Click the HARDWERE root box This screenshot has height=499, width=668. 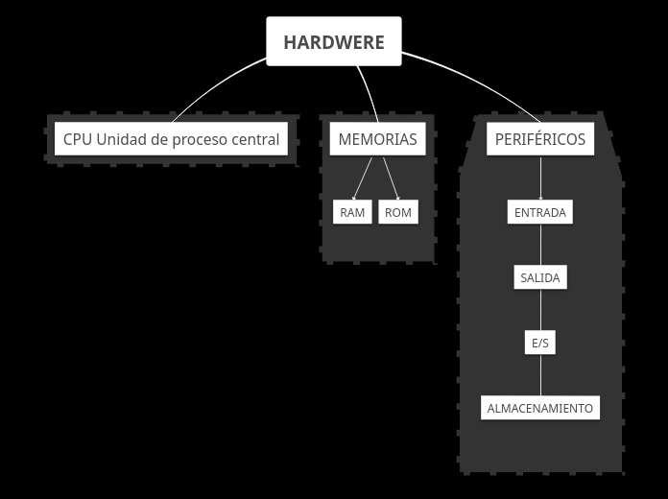pos(333,42)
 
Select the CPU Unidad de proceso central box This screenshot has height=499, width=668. pos(171,139)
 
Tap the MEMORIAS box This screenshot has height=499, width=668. pos(377,139)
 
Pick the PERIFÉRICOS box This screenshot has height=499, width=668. pos(539,139)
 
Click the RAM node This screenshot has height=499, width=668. pos(352,212)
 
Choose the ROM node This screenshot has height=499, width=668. pos(397,212)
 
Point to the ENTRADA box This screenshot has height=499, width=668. pos(539,212)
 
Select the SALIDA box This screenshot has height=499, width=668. pos(539,278)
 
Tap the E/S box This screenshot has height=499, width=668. pos(539,343)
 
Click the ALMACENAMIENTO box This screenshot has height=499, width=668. pos(539,408)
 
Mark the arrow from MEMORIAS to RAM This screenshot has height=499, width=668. pos(364,178)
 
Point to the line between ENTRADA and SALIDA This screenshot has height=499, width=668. pos(540,245)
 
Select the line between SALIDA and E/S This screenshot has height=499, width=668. pos(540,310)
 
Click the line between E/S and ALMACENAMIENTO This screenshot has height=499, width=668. pos(540,375)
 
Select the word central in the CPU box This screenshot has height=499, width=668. pos(255,139)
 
